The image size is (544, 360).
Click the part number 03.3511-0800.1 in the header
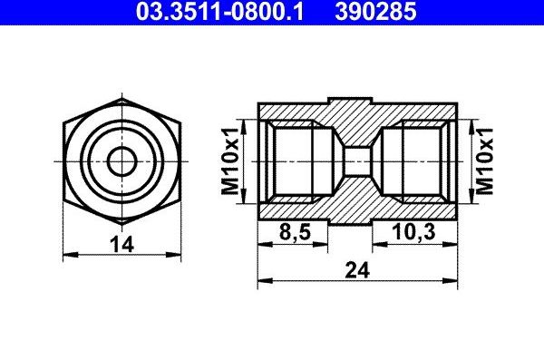(x=219, y=11)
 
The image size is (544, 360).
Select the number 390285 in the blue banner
(x=375, y=11)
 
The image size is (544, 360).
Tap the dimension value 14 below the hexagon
(x=121, y=244)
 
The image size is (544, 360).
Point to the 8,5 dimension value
(x=295, y=231)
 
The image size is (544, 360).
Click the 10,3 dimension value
(x=413, y=231)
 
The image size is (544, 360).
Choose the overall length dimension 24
(x=357, y=270)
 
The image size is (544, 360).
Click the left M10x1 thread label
(x=230, y=161)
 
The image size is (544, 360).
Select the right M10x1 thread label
(x=485, y=161)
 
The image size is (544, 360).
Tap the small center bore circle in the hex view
(x=121, y=161)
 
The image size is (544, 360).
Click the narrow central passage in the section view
(x=357, y=161)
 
